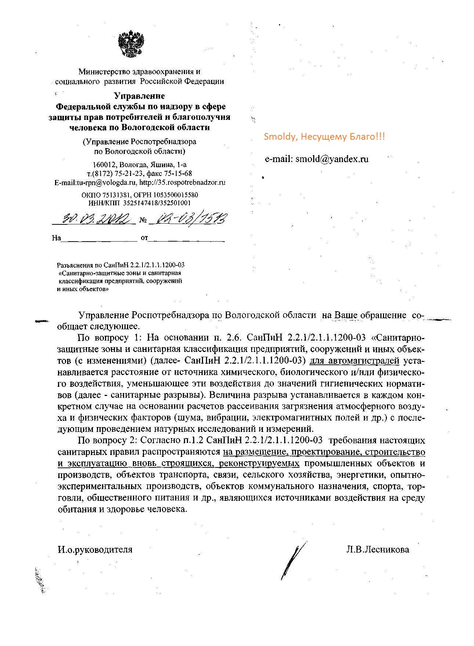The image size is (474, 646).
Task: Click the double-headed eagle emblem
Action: (131, 45)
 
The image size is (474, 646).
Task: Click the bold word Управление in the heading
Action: (140, 96)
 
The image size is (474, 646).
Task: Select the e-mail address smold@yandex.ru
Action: (332, 159)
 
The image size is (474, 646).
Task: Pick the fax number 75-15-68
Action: (178, 173)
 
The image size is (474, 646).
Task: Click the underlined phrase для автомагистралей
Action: (354, 361)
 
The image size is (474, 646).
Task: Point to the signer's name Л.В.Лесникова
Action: (377, 550)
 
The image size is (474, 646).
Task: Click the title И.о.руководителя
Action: (95, 550)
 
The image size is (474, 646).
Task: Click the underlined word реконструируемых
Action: (259, 463)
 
